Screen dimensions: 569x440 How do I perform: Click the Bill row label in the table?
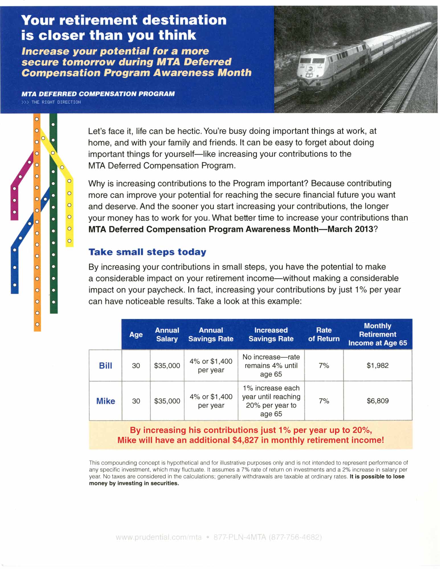[105, 366]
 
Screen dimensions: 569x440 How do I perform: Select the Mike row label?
[106, 401]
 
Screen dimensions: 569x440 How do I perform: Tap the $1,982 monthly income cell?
[377, 366]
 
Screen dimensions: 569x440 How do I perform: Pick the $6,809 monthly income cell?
[377, 401]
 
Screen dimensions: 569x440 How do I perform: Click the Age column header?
[136, 335]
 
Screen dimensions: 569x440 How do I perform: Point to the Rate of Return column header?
[324, 335]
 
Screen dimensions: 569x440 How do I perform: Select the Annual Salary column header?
[167, 335]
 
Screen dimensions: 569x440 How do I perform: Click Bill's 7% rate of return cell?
[324, 366]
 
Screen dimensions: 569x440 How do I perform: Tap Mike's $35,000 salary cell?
[167, 401]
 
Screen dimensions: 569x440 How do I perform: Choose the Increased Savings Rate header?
[271, 335]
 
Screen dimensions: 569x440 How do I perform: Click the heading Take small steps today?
[147, 252]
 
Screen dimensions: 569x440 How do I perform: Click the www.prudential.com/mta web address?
[159, 537]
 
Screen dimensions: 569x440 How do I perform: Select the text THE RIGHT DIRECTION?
[56, 102]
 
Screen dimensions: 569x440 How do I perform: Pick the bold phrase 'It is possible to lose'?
[377, 477]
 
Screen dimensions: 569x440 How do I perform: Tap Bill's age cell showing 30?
[136, 366]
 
